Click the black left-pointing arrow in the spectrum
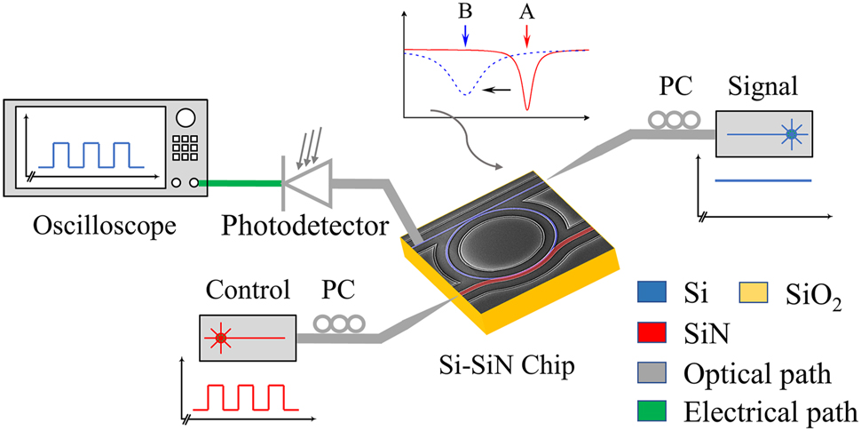(500, 89)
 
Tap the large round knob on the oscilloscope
(186, 118)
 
